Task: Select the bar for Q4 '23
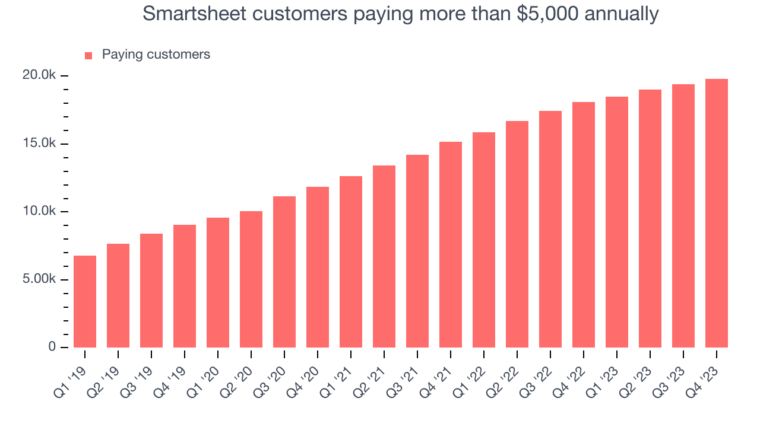point(717,213)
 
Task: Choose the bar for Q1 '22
point(484,240)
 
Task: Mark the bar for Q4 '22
point(584,225)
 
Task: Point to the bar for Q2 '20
point(251,279)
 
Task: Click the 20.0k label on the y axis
point(39,75)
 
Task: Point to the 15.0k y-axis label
point(39,144)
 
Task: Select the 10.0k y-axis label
point(39,212)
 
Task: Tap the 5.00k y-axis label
point(39,279)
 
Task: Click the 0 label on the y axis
point(52,347)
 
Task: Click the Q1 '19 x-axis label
point(71,375)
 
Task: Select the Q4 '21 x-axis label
point(436,375)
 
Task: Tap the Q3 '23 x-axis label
point(669,375)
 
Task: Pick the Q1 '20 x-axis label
point(204,375)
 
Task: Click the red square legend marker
point(88,56)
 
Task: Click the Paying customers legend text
point(156,55)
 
